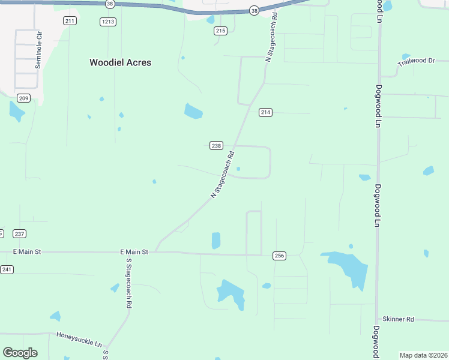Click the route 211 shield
point(70,21)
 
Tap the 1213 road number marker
point(108,21)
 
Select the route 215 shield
point(220,31)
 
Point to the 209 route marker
point(23,98)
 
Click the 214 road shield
point(266,112)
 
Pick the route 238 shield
point(217,145)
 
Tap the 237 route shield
point(19,233)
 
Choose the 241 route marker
point(7,269)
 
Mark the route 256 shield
point(279,256)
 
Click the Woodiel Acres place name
point(120,62)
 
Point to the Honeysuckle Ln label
point(79,339)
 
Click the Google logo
point(20,353)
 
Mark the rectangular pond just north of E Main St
point(216,240)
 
